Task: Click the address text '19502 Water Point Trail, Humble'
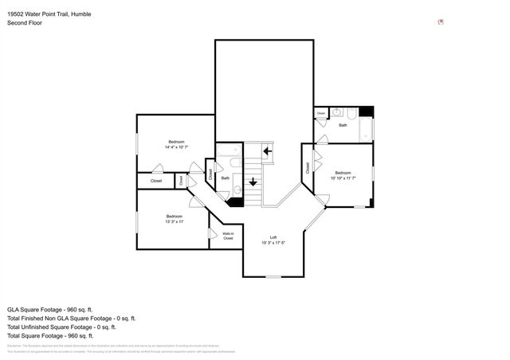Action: click(51, 14)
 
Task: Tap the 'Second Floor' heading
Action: click(25, 23)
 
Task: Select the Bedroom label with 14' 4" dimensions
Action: click(176, 144)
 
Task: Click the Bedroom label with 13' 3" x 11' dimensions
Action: click(175, 219)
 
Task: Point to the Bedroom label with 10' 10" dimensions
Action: click(343, 175)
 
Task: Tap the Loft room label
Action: click(273, 240)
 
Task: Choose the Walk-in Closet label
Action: click(228, 236)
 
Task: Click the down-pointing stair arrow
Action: click(253, 182)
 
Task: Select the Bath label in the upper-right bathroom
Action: click(343, 125)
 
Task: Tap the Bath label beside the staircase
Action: click(226, 178)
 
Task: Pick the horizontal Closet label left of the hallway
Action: click(156, 181)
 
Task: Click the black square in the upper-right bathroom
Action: click(366, 112)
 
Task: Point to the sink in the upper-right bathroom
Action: click(337, 112)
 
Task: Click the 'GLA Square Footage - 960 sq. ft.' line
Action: click(51, 308)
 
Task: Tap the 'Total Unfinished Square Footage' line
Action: click(62, 327)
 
